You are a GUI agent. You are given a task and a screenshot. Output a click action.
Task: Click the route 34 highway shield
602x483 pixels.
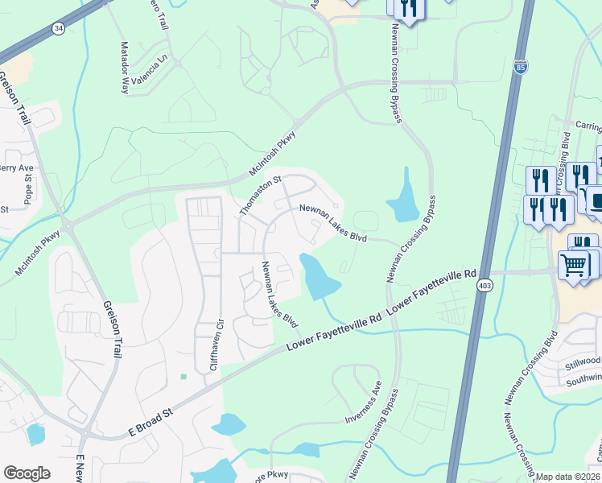click(x=57, y=28)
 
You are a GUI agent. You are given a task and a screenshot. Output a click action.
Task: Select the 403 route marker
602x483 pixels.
click(x=484, y=286)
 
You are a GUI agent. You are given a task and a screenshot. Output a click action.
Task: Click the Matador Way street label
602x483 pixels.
click(x=125, y=68)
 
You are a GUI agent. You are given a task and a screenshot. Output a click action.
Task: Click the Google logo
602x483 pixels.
click(x=27, y=473)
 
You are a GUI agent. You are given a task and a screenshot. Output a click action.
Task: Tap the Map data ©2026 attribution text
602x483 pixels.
click(x=568, y=477)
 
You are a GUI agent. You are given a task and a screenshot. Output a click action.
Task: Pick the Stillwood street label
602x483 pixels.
click(x=582, y=360)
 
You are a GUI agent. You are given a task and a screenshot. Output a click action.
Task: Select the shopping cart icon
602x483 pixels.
click(x=573, y=264)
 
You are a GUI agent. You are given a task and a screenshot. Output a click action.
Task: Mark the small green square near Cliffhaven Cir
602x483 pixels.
click(x=184, y=376)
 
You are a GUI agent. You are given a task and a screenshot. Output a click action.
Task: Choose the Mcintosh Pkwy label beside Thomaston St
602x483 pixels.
click(x=272, y=154)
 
